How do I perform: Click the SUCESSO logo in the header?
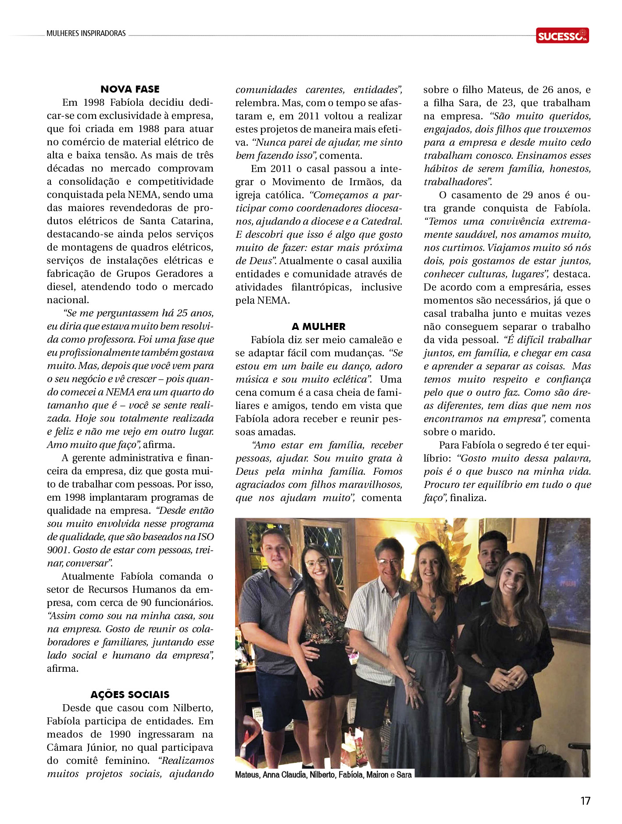[x=562, y=36]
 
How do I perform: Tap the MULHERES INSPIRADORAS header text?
[x=86, y=33]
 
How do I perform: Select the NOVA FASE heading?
[x=130, y=89]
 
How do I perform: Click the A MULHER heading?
[x=318, y=326]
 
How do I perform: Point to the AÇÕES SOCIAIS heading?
[x=130, y=695]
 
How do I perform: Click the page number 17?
[x=585, y=801]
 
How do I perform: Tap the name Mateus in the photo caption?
[x=247, y=775]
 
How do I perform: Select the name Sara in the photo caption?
[x=404, y=775]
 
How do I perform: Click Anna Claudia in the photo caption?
[x=285, y=775]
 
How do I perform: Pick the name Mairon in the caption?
[x=378, y=775]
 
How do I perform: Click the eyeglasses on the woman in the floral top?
[x=315, y=563]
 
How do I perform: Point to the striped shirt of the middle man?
[x=373, y=619]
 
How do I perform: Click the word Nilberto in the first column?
[x=193, y=708]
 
